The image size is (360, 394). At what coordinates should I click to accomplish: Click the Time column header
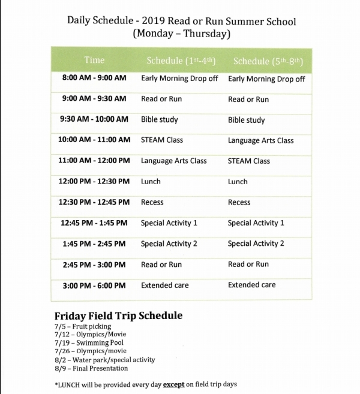coord(94,60)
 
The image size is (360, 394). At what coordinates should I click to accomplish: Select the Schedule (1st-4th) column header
coord(181,61)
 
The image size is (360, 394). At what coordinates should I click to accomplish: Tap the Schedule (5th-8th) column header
coord(268,61)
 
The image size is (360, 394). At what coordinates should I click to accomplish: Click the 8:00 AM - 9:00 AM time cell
coord(94,78)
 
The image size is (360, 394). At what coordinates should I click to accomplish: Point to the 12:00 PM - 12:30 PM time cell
coord(94,181)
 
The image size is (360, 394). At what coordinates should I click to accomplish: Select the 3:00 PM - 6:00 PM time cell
coord(94,285)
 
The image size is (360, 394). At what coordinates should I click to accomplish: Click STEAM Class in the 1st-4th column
coord(162,140)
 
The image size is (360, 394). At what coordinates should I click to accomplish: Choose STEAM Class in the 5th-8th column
coord(249,161)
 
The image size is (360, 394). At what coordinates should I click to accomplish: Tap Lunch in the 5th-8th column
coord(238,182)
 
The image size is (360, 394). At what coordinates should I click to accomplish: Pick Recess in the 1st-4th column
coord(152,202)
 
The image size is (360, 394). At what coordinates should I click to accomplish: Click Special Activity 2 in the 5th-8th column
coord(256,243)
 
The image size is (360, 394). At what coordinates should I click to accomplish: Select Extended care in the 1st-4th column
coord(165,285)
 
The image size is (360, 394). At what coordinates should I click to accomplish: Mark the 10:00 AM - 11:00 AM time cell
coord(94,140)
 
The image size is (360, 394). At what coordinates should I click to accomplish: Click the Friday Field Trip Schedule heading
coord(118,315)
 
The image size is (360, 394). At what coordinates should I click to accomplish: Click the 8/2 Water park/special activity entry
coord(104,360)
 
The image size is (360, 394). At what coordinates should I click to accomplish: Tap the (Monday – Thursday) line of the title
coord(181,34)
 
